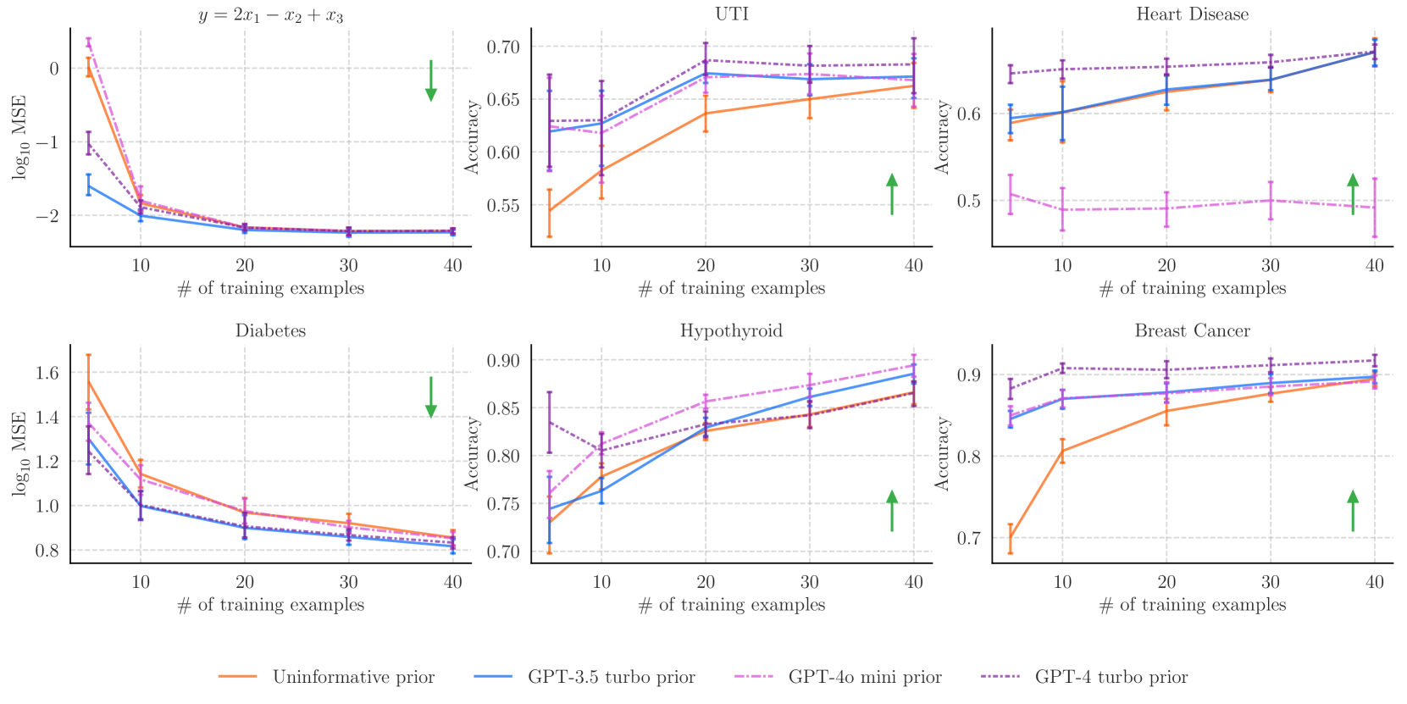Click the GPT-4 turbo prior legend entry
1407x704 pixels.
[x=1111, y=677]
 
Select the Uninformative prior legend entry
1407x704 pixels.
[x=352, y=677]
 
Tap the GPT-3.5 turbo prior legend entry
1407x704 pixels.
[x=611, y=677]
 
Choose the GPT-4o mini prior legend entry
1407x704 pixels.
[x=864, y=677]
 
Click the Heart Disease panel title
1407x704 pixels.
[x=1192, y=14]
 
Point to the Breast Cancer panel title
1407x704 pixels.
[x=1192, y=330]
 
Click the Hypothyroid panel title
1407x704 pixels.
[x=731, y=330]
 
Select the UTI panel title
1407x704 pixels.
[x=731, y=14]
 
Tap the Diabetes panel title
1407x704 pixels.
[x=270, y=330]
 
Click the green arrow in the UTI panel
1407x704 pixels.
[x=892, y=194]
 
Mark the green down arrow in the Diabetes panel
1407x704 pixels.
[x=431, y=396]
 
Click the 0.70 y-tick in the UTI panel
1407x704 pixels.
[x=502, y=47]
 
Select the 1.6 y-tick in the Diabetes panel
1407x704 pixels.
[x=48, y=373]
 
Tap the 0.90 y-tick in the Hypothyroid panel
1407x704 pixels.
[x=502, y=361]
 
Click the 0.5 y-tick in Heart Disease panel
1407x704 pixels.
[x=968, y=201]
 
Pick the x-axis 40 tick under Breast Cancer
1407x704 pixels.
[x=1374, y=582]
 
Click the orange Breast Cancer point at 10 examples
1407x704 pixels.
[x=1062, y=451]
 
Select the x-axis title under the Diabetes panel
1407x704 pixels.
[x=270, y=605]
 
